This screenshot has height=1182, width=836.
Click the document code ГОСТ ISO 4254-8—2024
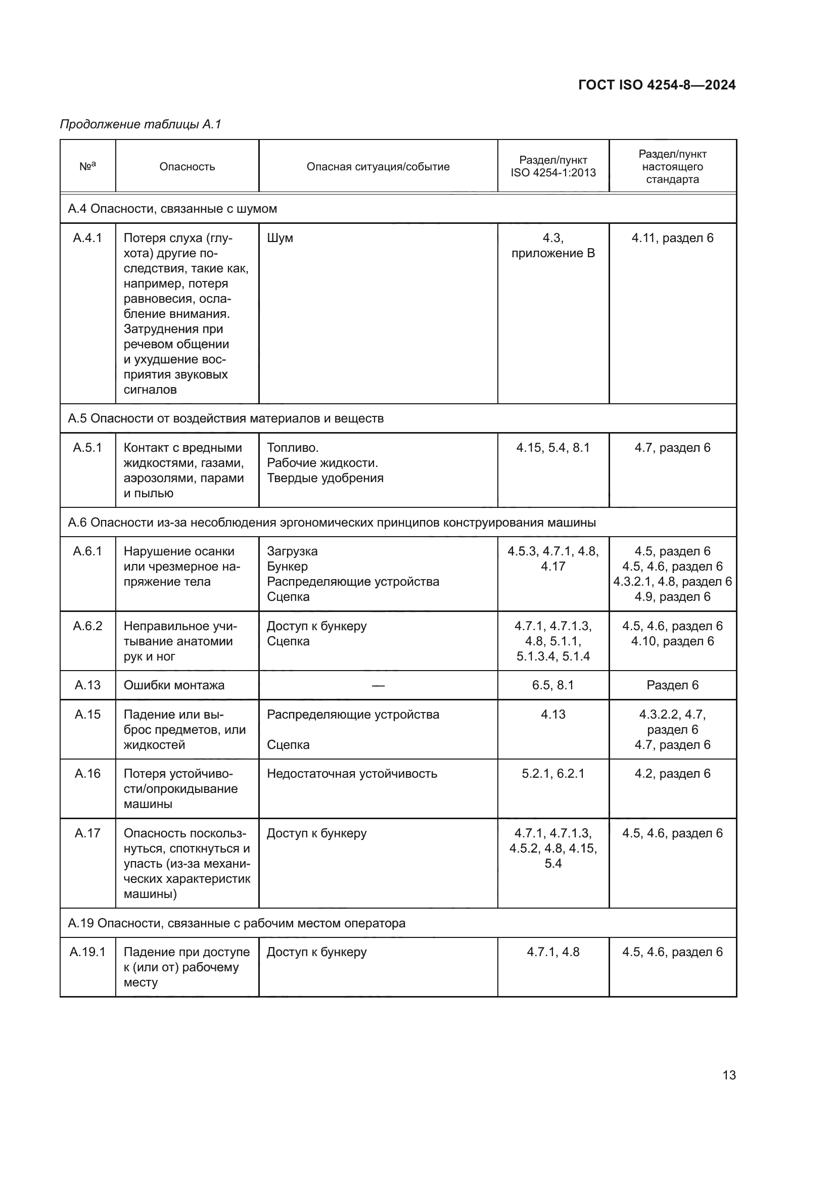657,85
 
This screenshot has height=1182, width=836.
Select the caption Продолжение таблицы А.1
140,124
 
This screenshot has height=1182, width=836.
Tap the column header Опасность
187,167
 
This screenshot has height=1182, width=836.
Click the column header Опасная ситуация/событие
378,167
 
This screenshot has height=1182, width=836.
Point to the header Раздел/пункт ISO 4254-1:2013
553,167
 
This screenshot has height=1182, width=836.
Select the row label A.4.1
87,238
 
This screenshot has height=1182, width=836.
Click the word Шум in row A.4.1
280,238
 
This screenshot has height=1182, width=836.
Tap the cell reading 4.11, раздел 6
672,238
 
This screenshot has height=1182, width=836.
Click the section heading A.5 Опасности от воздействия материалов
225,418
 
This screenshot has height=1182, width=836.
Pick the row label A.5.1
87,447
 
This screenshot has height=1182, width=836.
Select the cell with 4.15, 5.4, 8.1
553,447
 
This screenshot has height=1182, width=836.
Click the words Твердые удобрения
325,478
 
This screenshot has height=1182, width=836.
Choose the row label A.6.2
87,626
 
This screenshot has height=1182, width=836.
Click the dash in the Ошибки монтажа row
378,685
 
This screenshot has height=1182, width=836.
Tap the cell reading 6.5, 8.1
553,685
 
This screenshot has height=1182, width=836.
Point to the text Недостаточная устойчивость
352,774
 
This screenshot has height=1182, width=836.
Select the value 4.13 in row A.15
553,715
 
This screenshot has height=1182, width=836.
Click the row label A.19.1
87,952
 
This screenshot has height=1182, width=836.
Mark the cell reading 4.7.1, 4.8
553,952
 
